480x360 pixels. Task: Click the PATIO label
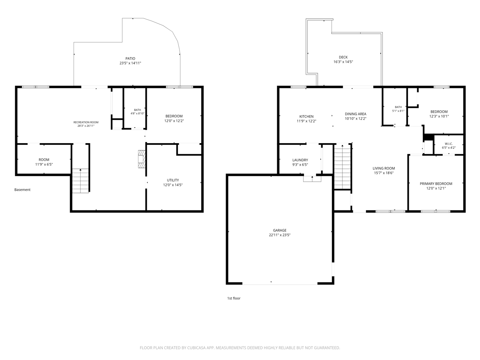(130, 58)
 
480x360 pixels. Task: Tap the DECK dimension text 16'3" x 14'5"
(343, 62)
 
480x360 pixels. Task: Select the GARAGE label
(280, 230)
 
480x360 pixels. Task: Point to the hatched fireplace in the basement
(142, 159)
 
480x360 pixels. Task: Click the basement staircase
(80, 180)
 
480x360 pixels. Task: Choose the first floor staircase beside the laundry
(342, 166)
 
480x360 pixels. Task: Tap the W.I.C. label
(448, 144)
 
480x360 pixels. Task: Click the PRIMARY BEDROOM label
(436, 184)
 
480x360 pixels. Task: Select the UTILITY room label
(173, 180)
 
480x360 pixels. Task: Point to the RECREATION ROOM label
(86, 122)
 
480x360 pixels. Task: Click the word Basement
(22, 190)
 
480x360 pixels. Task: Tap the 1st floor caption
(234, 298)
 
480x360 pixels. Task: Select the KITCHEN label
(306, 116)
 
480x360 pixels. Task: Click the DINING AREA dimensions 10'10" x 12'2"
(355, 119)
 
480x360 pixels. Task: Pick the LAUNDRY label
(300, 160)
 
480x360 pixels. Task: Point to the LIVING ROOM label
(384, 168)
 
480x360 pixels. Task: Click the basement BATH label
(137, 110)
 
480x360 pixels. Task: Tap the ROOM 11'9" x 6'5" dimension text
(44, 164)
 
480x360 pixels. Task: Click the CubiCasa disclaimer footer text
(240, 348)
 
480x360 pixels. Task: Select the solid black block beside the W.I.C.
(429, 138)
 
